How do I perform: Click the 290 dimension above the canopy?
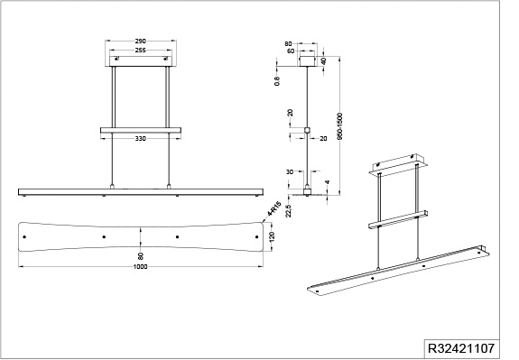point(140,42)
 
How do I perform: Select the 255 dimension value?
point(140,51)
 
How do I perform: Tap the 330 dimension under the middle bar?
point(140,139)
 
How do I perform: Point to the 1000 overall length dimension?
point(140,267)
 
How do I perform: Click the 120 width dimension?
point(273,237)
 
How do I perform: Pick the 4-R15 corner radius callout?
point(274,208)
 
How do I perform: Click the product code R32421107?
point(461,348)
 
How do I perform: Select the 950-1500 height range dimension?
point(339,126)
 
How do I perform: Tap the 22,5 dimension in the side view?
point(289,211)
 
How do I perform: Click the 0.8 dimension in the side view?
point(277,81)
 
